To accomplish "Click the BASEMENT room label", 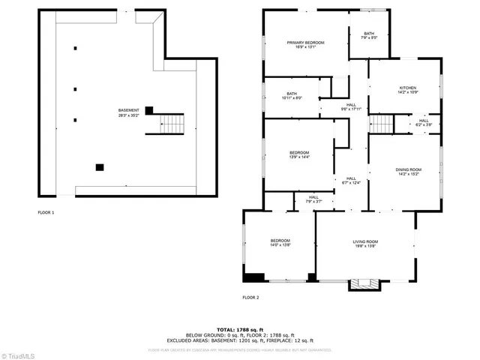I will (x=128, y=112).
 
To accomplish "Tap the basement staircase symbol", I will (x=173, y=124).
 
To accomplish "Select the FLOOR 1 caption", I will (x=46, y=213).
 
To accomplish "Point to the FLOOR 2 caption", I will (x=250, y=298).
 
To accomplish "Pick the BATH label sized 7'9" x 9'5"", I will (x=369, y=36).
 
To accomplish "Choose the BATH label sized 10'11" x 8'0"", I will (x=291, y=96).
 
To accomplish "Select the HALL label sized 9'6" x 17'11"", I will (x=351, y=106).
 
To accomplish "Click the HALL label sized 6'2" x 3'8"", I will (x=424, y=122).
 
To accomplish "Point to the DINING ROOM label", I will (x=409, y=172).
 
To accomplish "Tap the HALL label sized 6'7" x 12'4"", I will (x=351, y=180).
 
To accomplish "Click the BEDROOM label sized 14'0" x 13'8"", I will (x=280, y=242).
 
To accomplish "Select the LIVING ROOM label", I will (x=365, y=243).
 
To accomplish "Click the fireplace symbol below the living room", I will (x=365, y=284).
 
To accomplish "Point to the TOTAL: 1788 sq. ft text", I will (x=240, y=329).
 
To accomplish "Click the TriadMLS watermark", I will (x=18, y=354).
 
